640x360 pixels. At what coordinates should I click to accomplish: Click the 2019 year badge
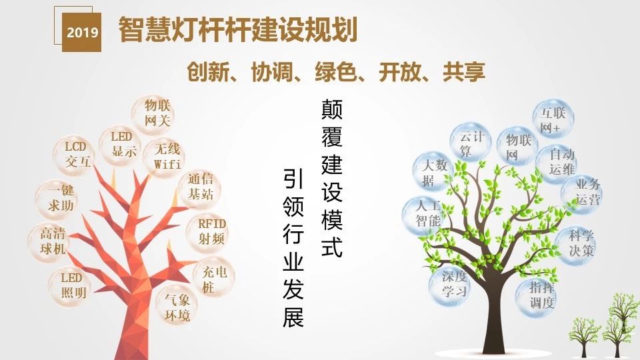click(81, 32)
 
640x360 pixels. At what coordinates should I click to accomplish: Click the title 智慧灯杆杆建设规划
click(238, 29)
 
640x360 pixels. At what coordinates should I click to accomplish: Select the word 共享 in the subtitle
click(464, 72)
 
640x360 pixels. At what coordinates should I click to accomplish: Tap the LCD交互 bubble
click(75, 155)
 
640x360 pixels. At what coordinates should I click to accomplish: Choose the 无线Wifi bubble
click(165, 157)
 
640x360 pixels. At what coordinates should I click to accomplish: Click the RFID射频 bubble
click(209, 231)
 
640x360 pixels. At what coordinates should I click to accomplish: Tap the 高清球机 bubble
click(49, 241)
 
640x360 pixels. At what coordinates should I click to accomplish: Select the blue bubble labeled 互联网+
click(553, 119)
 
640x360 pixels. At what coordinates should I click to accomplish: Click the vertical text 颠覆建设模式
click(332, 179)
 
